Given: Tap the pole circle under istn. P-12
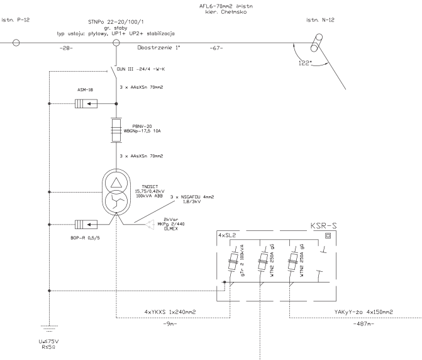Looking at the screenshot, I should (16, 43).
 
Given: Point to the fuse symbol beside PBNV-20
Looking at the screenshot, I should (116, 130).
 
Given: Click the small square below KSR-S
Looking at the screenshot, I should (327, 237).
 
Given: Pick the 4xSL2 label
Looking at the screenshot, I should (226, 235).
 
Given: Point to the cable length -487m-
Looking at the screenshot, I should (363, 323).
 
